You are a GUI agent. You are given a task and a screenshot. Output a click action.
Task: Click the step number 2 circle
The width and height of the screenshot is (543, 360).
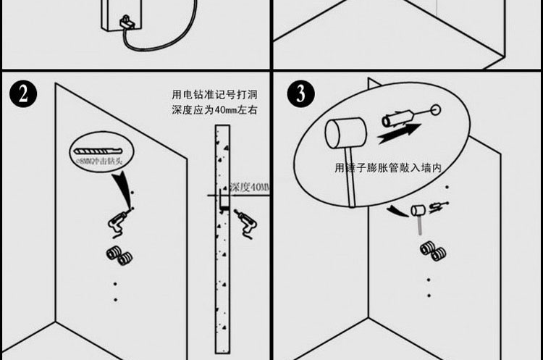(x=25, y=95)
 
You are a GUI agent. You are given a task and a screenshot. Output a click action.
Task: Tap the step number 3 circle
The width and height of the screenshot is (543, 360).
(x=300, y=95)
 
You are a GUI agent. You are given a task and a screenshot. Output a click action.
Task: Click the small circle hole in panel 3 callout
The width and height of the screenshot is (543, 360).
(x=436, y=110)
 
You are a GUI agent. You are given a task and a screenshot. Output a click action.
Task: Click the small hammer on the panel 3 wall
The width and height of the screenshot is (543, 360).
(x=418, y=212)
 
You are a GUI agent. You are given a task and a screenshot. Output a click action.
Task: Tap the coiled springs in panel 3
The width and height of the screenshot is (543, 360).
(x=432, y=252)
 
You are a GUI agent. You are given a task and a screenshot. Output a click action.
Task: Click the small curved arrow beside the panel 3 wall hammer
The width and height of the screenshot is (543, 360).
(x=396, y=210)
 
